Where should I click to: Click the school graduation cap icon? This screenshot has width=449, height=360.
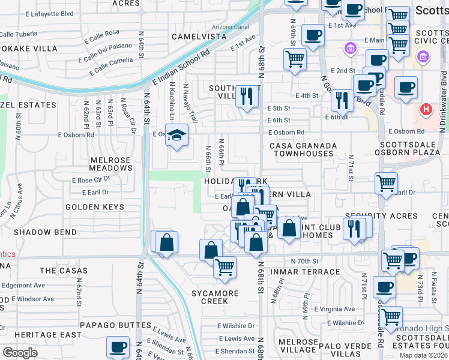[x=177, y=136]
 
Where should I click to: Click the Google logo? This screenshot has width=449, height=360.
[x=20, y=353]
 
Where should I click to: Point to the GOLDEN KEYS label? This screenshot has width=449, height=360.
[x=95, y=207]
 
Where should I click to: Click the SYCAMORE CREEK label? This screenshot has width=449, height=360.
[x=215, y=298]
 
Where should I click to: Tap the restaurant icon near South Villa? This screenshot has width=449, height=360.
[x=247, y=96]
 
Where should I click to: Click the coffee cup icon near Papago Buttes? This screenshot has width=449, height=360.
[x=118, y=346]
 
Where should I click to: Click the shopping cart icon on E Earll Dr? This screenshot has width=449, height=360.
[x=386, y=184]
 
